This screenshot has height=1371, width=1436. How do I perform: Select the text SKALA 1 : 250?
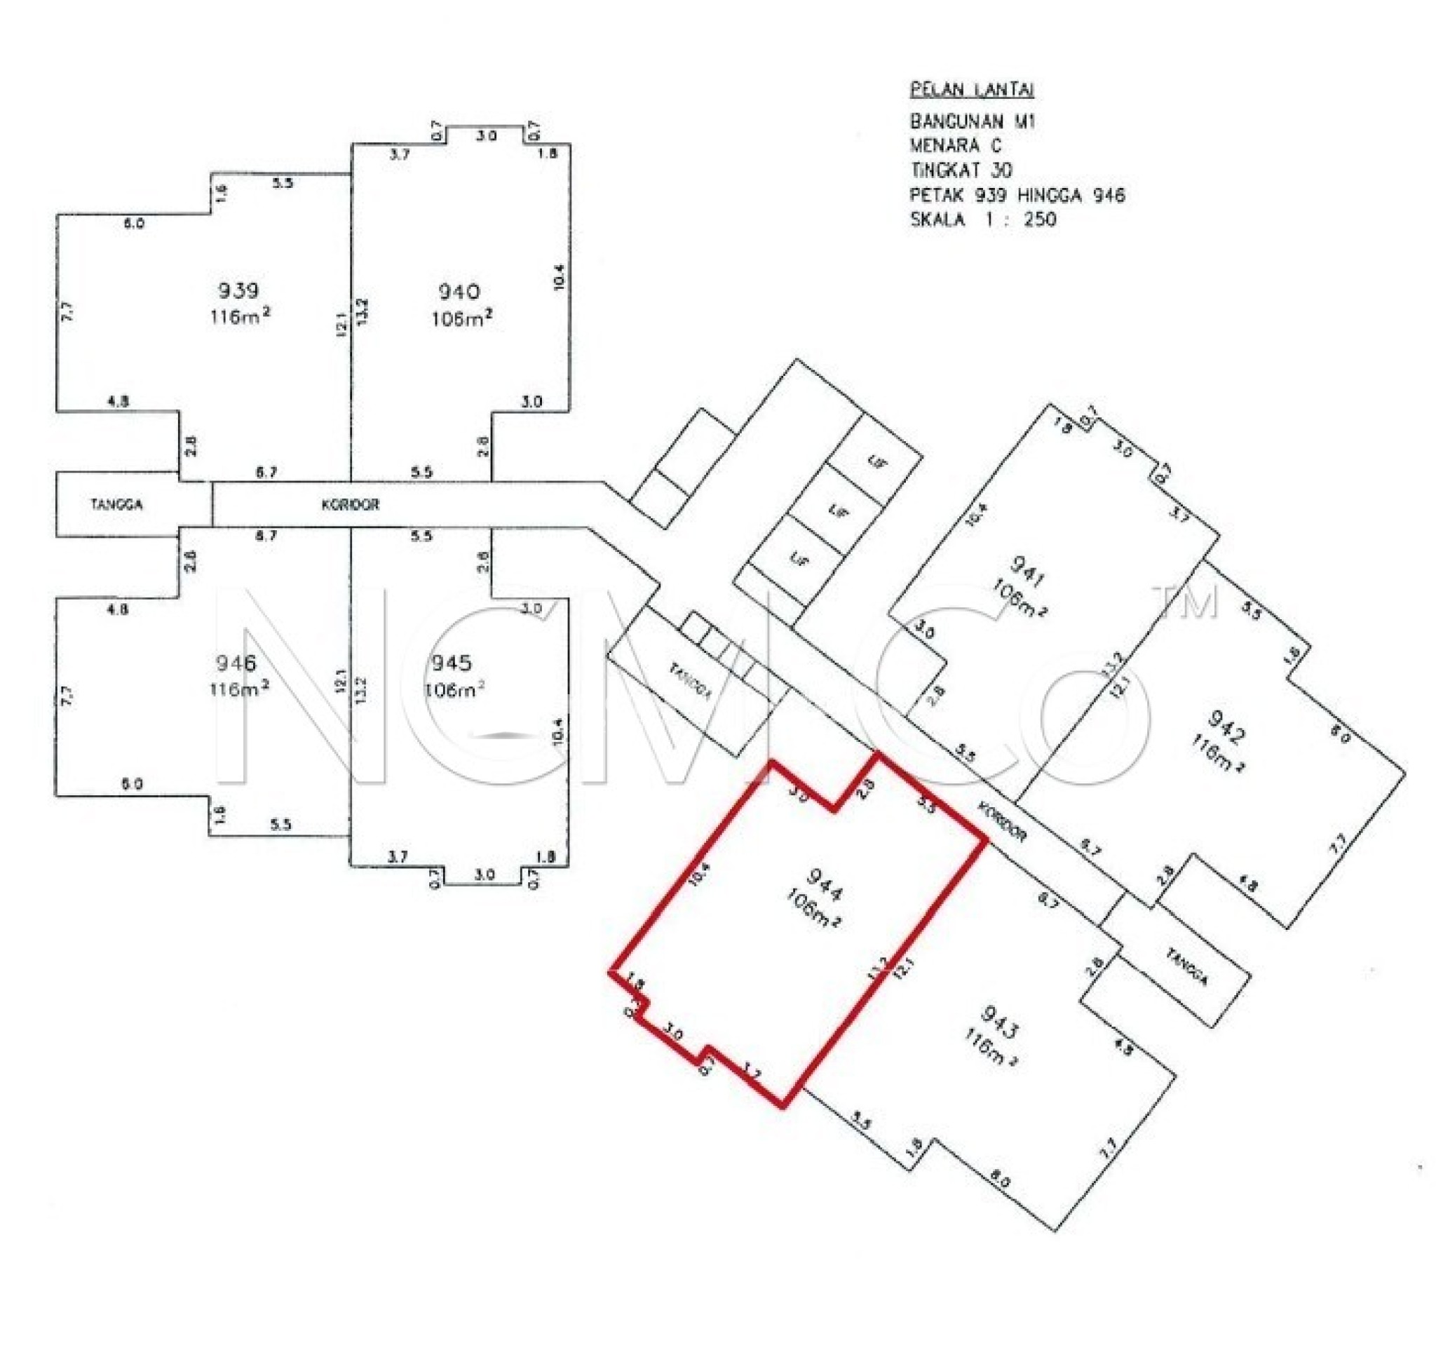(982, 220)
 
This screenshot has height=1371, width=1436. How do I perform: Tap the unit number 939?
(238, 291)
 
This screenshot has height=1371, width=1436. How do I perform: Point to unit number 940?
(459, 292)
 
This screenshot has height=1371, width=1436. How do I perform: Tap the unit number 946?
(236, 663)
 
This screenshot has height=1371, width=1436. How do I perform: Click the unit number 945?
(450, 663)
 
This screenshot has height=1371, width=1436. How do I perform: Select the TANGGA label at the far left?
(117, 504)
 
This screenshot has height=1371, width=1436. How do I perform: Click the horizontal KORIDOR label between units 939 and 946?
(351, 504)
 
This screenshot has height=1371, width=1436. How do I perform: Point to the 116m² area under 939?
(240, 317)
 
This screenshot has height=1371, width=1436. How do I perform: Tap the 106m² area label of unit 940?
(461, 318)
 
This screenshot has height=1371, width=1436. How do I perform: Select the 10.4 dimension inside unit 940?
(559, 276)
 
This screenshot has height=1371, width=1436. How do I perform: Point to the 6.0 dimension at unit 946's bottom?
(133, 784)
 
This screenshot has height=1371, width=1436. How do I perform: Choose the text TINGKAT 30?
(961, 170)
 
